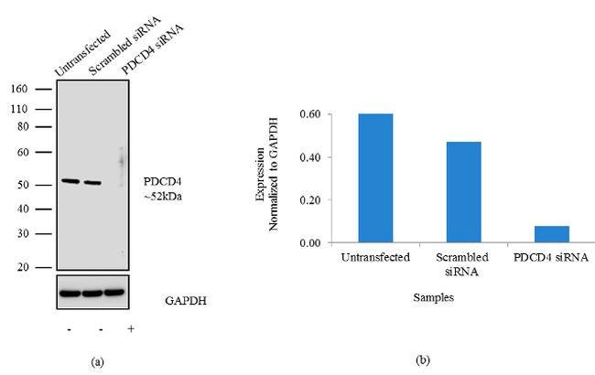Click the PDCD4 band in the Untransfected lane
point(70,181)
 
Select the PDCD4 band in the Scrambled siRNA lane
point(92,182)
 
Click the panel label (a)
point(98,362)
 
